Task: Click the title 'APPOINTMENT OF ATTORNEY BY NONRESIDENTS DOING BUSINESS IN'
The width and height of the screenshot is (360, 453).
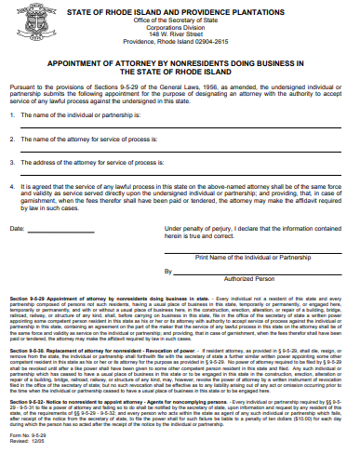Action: coord(180,63)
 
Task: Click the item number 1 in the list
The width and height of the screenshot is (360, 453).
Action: coord(11,114)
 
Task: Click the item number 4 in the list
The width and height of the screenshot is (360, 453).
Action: coord(11,186)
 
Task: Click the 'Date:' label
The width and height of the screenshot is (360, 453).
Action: coord(18,253)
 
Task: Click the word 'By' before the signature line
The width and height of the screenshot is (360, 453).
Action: coord(169,297)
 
